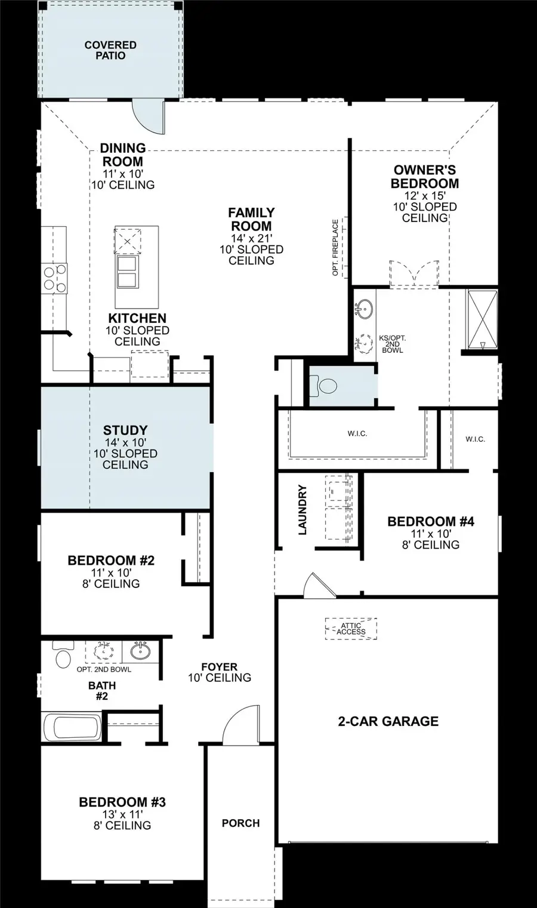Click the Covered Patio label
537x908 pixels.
click(110, 50)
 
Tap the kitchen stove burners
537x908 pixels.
click(54, 279)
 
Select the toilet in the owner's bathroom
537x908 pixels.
click(326, 386)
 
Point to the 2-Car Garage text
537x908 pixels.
click(388, 721)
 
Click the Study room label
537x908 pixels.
click(125, 430)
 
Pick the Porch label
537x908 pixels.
click(240, 823)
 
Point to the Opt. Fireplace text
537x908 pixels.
click(335, 247)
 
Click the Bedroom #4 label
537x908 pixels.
click(430, 521)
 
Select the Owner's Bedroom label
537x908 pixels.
click(425, 177)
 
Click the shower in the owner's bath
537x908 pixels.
click(482, 319)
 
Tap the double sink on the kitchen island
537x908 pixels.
click(129, 271)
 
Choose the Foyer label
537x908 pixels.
click(219, 667)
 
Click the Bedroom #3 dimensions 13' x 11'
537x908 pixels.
click(122, 814)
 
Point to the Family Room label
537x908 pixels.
click(251, 219)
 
